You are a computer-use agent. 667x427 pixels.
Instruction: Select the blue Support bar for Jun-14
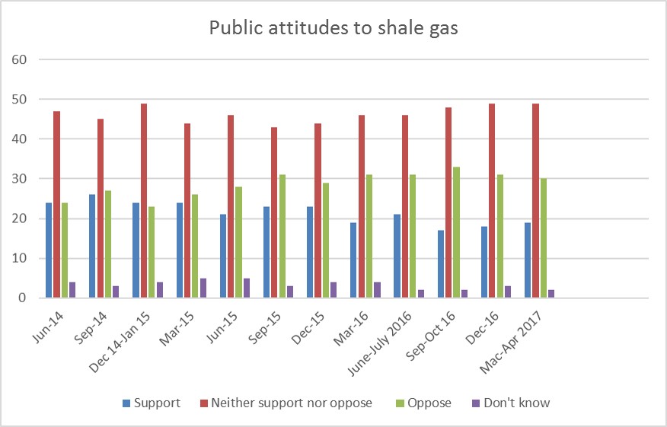pyautogui.click(x=48, y=250)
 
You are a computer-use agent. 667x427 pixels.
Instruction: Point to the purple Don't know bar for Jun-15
pyautogui.click(x=247, y=288)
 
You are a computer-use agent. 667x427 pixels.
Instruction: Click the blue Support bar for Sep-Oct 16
pyautogui.click(x=440, y=264)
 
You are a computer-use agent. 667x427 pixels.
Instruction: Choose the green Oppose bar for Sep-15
pyautogui.click(x=282, y=236)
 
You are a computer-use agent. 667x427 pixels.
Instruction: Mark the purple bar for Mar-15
pyautogui.click(x=203, y=288)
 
